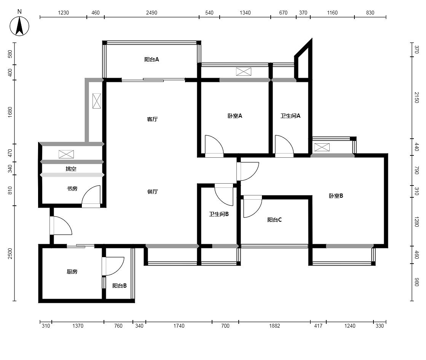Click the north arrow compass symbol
(x=19, y=26)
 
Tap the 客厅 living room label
(x=152, y=119)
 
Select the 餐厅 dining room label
(x=152, y=191)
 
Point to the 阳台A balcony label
(x=152, y=59)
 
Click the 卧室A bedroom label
(x=235, y=116)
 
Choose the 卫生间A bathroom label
(x=290, y=116)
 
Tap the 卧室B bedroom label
(x=336, y=196)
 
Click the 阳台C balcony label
(x=274, y=220)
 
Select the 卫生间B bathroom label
(x=219, y=214)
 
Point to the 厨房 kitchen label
(x=72, y=272)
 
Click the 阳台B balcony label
(x=120, y=286)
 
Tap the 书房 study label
(x=72, y=189)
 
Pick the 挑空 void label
(x=71, y=169)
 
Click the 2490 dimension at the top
(x=152, y=13)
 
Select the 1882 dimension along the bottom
(x=274, y=326)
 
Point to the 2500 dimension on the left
(x=10, y=253)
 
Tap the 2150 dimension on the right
(x=416, y=98)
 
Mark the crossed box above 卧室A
(x=243, y=72)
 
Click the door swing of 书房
(x=91, y=194)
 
